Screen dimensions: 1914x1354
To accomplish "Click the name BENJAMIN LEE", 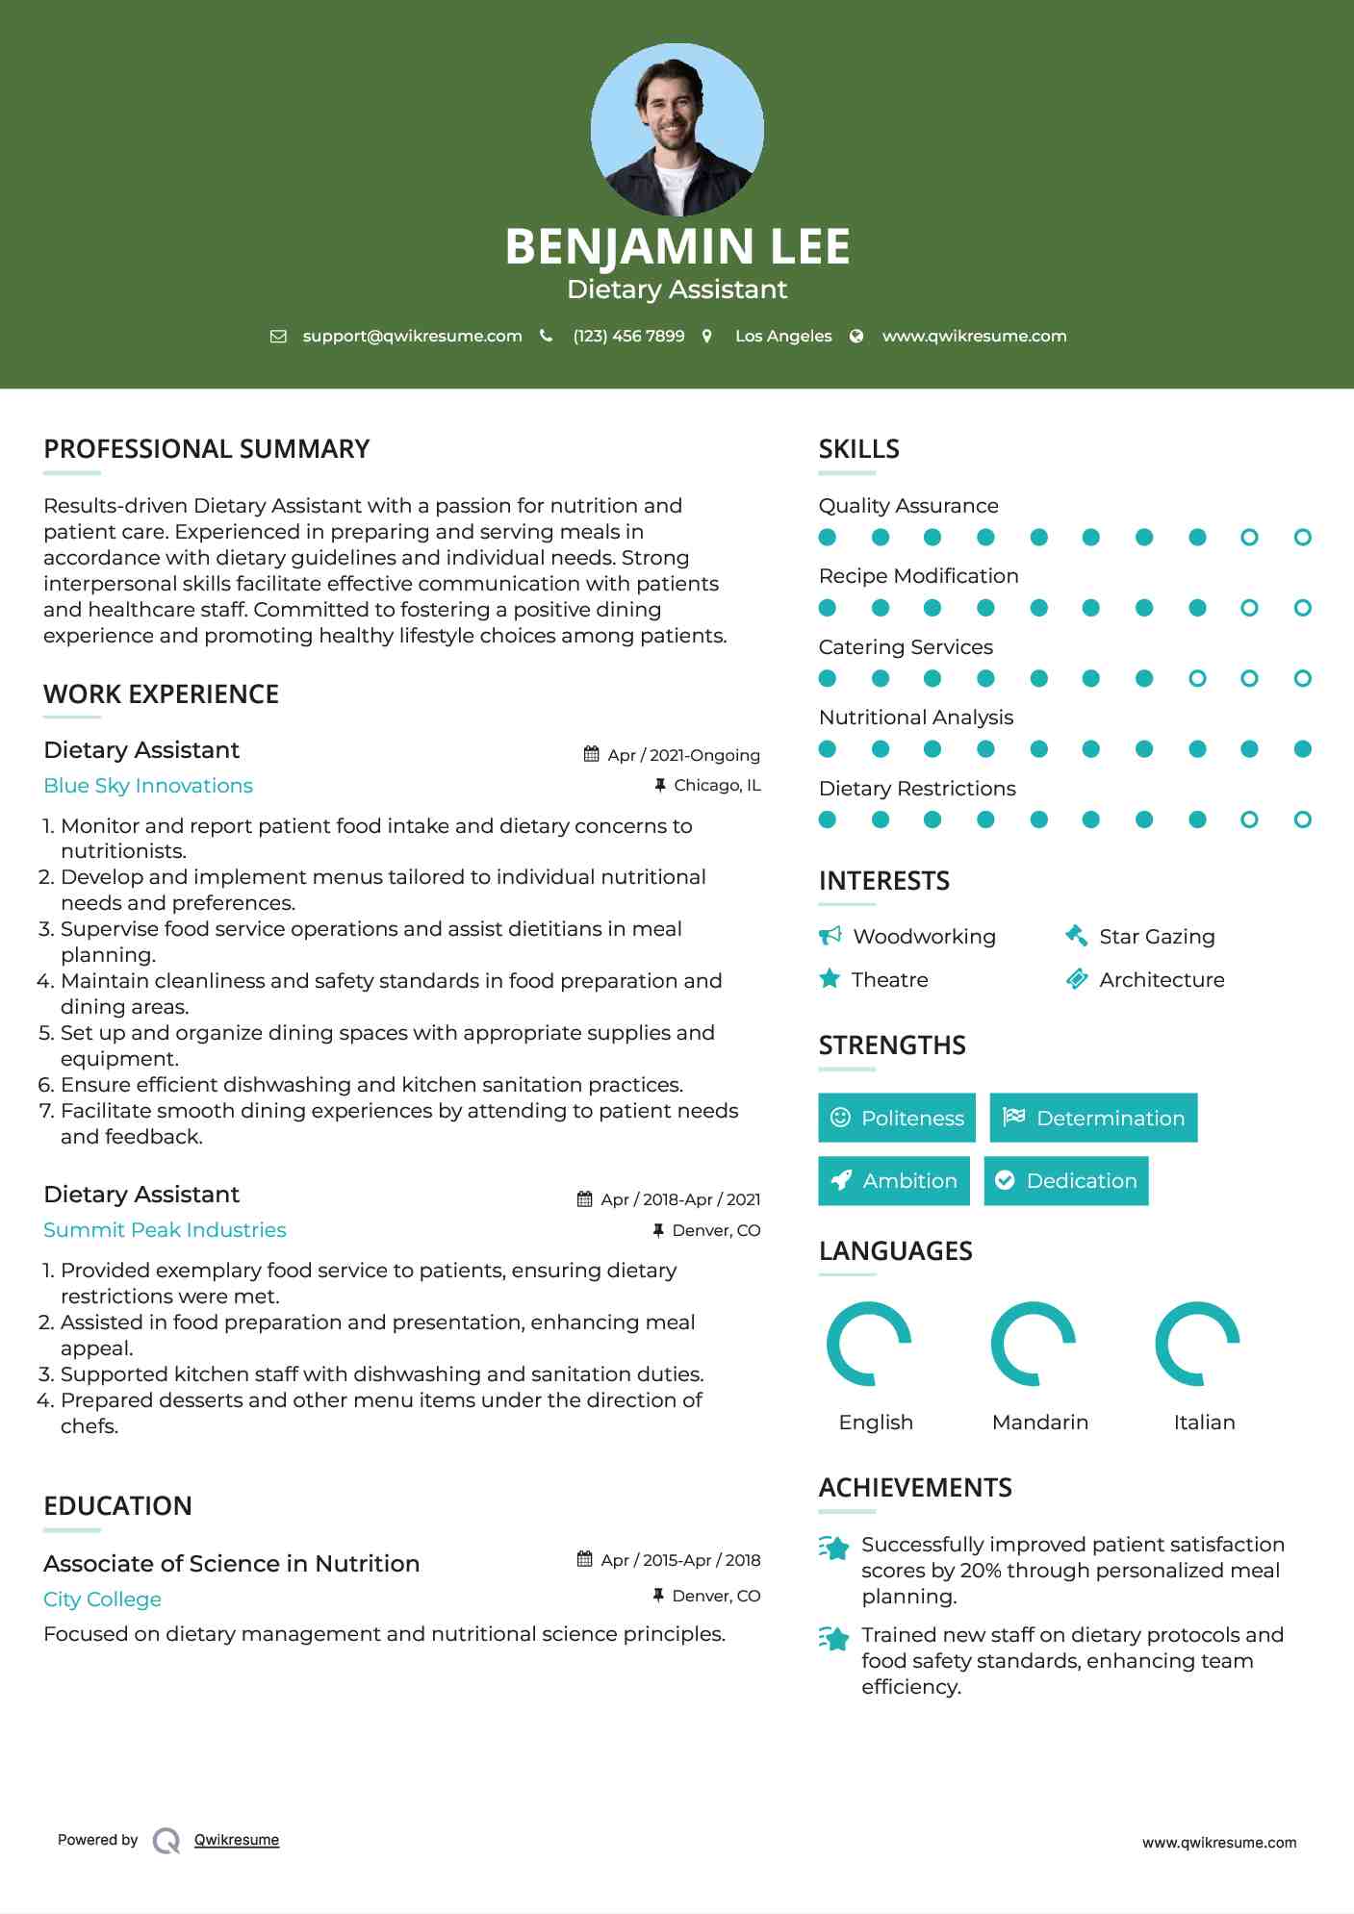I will coord(677,246).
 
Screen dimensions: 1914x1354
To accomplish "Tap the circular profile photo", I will coord(677,129).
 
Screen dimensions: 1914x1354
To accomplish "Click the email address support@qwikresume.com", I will coord(412,336).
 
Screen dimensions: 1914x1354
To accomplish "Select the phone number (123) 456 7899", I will coord(628,336).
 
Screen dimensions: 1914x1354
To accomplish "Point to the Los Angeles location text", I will coord(782,336).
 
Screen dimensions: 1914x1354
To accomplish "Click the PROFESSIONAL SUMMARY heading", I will coord(206,449).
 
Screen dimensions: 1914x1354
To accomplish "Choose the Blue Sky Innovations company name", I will coord(148,786).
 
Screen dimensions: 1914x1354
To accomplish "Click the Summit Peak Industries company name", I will coord(165,1230).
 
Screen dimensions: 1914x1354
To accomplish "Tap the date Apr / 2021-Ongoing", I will coord(683,755).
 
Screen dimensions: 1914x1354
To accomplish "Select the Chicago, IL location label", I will coord(717,786).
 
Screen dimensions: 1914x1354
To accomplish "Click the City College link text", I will coord(102,1599).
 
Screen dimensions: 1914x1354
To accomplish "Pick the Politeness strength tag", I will coord(897,1118).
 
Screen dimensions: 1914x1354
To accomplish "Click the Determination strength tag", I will coord(1093,1118).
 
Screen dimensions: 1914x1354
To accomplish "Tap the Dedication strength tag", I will coord(1066,1181).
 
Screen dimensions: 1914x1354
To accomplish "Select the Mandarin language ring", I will coord(1033,1344).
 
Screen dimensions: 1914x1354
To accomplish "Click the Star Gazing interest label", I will coord(1157,937).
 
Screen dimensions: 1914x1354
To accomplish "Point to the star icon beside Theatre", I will coord(830,979).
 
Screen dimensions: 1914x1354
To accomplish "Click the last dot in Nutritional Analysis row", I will coord(1302,749).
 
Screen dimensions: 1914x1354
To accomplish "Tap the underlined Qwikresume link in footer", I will coord(237,1840).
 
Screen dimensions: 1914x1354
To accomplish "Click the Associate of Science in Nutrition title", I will coord(231,1564).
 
